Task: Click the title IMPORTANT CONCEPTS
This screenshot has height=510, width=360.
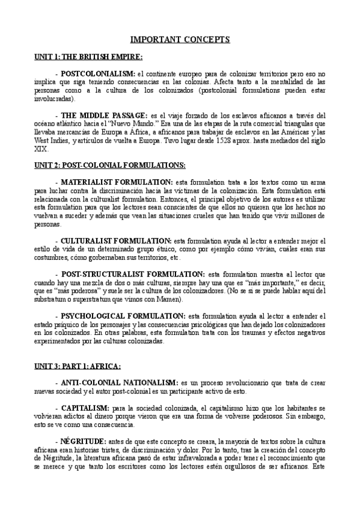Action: pos(180,40)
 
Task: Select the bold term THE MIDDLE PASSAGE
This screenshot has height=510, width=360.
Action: pos(104,115)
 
